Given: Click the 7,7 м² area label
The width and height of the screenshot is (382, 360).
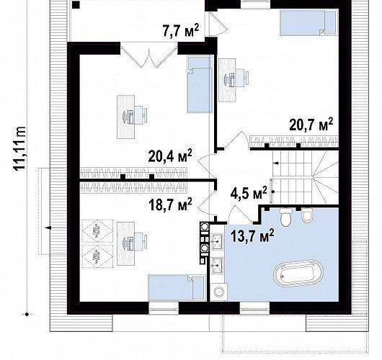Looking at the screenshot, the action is pos(181,30).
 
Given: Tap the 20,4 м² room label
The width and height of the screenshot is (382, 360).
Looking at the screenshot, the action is pos(170,156).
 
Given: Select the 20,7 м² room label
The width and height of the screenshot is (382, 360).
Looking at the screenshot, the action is pos(311,125).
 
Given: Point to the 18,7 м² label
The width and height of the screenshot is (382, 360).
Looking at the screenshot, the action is pos(170,204).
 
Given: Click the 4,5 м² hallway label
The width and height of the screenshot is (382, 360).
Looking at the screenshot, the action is pos(249,193).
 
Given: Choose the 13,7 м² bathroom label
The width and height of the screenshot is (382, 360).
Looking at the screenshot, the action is pos(252,235).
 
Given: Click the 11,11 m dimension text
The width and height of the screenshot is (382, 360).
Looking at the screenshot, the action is pos(19,148).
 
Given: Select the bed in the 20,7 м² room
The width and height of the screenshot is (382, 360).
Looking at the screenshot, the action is pos(308,22).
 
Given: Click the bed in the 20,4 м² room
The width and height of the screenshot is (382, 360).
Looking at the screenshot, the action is pos(199,84).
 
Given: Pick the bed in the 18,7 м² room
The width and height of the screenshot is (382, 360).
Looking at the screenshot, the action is pos(177,287).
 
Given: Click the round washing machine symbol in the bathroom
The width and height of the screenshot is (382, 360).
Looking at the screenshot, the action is pos(218,292).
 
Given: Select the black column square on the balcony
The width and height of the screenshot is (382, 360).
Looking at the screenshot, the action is pos(76,5).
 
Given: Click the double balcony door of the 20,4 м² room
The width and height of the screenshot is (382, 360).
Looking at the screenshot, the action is pos(149,55).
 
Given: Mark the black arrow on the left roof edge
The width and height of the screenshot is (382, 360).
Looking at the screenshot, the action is pos(48,228).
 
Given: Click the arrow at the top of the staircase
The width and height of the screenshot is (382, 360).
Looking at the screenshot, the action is pos(276,163).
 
